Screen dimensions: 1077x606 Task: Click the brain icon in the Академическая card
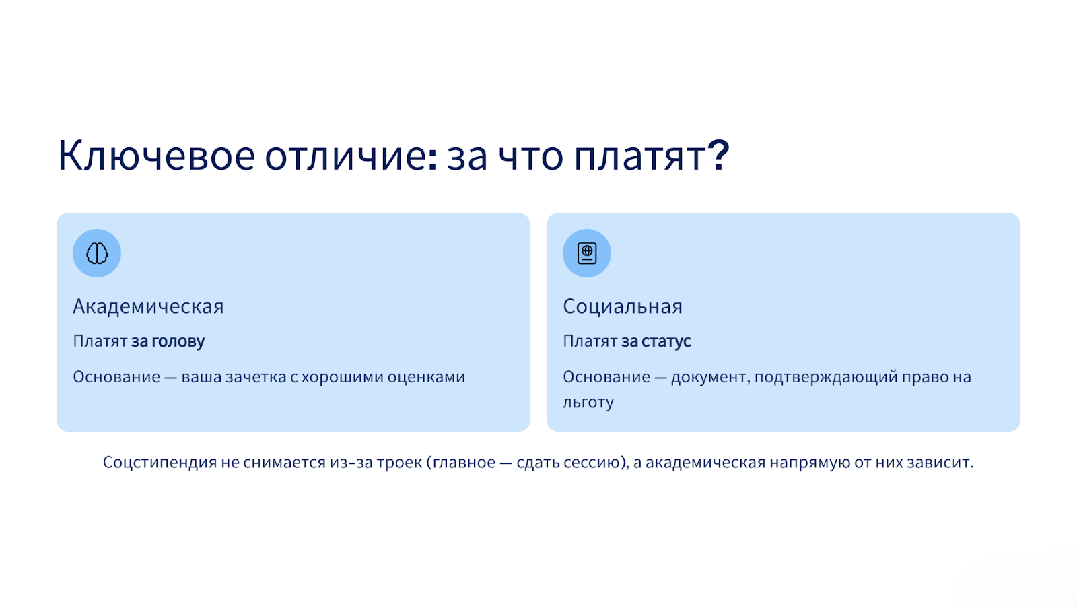coord(97,253)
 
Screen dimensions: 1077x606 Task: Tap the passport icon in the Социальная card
coord(586,253)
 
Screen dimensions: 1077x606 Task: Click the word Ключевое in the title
coord(157,156)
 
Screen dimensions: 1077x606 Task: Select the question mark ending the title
coord(719,155)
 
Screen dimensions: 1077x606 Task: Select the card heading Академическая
coord(148,307)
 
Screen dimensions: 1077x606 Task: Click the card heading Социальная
coord(622,307)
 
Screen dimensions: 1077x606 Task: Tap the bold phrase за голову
coord(168,341)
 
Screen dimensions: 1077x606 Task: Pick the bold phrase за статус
coord(656,341)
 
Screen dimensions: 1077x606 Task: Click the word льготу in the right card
coord(588,403)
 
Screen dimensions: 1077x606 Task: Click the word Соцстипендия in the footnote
coord(160,463)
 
